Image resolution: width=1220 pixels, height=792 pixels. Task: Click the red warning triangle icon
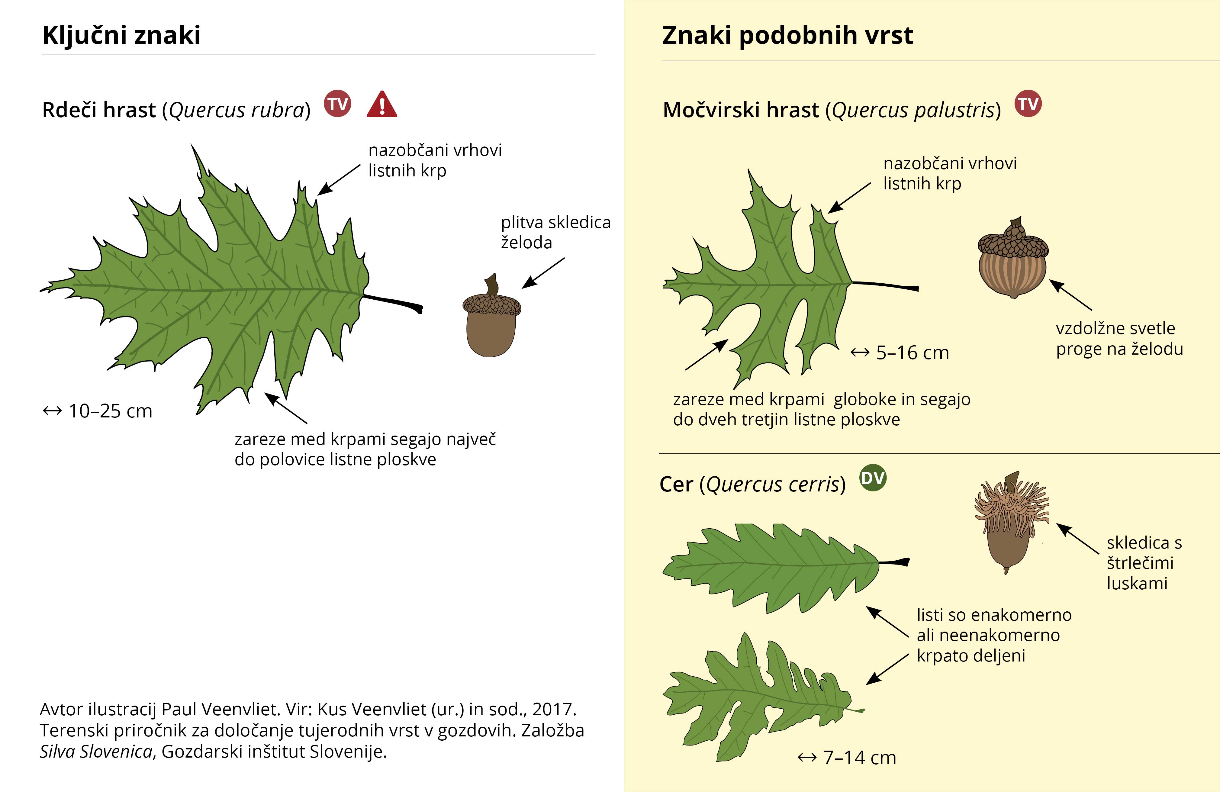(382, 105)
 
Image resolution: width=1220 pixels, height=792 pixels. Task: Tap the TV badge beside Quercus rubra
(337, 104)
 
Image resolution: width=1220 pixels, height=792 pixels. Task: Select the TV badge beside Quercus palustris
(1028, 104)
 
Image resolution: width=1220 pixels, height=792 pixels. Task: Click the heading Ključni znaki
(121, 35)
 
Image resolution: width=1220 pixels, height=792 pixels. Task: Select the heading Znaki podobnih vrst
(787, 35)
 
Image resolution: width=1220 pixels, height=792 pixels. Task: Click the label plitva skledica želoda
(556, 232)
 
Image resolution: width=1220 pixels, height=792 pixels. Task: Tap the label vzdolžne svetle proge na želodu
(1119, 338)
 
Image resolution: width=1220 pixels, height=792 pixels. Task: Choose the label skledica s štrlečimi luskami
(1144, 563)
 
